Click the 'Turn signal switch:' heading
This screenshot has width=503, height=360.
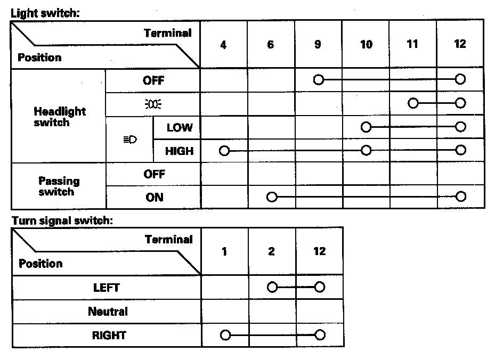(x=62, y=219)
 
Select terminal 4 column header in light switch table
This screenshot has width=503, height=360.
(x=223, y=45)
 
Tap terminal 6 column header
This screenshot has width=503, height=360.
(x=271, y=45)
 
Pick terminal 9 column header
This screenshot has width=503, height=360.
(x=318, y=45)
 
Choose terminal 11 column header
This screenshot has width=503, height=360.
(x=412, y=44)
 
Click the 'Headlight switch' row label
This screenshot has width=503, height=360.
(x=59, y=117)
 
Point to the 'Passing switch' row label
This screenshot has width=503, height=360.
(x=59, y=186)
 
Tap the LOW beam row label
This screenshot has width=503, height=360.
(x=180, y=128)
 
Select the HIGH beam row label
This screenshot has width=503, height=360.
(x=179, y=151)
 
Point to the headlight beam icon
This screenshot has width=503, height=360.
(x=129, y=140)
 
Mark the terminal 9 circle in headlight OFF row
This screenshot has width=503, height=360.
(x=319, y=80)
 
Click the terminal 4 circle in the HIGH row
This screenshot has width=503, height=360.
(x=224, y=151)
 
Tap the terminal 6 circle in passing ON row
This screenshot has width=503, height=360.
(x=272, y=197)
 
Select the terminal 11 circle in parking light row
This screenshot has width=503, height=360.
(x=413, y=103)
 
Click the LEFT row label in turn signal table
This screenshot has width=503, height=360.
(x=107, y=288)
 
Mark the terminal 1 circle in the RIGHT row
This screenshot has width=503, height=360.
(x=225, y=336)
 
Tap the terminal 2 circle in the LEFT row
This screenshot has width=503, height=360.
(x=272, y=288)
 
